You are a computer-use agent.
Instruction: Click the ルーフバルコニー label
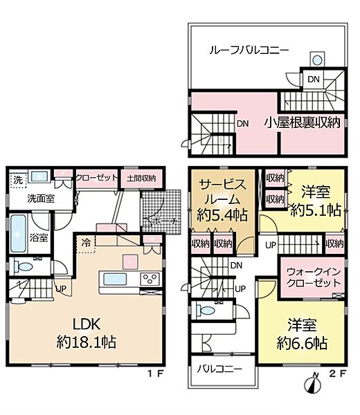pos(249,50)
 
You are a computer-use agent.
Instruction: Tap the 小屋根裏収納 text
pos(301,123)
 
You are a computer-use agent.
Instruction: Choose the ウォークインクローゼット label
pos(309,277)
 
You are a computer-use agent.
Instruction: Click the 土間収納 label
pos(141,178)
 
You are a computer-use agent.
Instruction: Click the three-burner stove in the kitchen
pos(150,279)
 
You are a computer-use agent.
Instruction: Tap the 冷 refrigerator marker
pos(84,243)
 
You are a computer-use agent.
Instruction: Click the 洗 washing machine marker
pos(16,180)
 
